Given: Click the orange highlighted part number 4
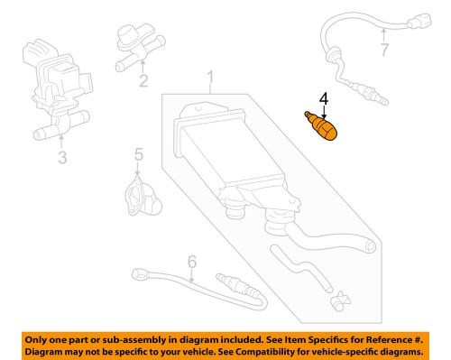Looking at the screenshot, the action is tap(325, 124).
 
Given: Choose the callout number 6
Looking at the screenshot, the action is tap(191, 263).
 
